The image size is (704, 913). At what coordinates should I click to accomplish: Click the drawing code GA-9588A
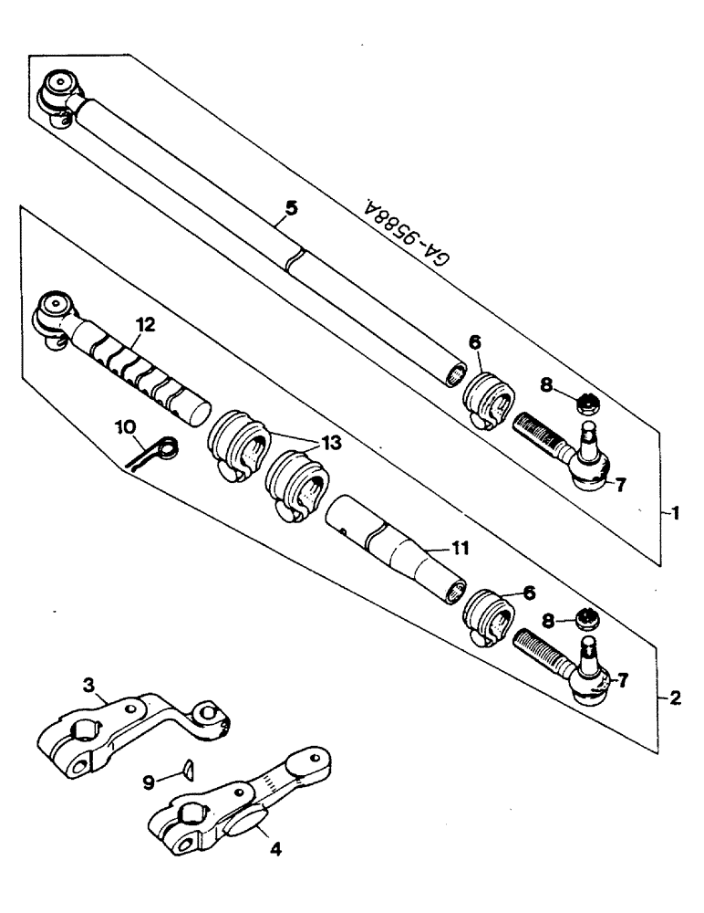[409, 234]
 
